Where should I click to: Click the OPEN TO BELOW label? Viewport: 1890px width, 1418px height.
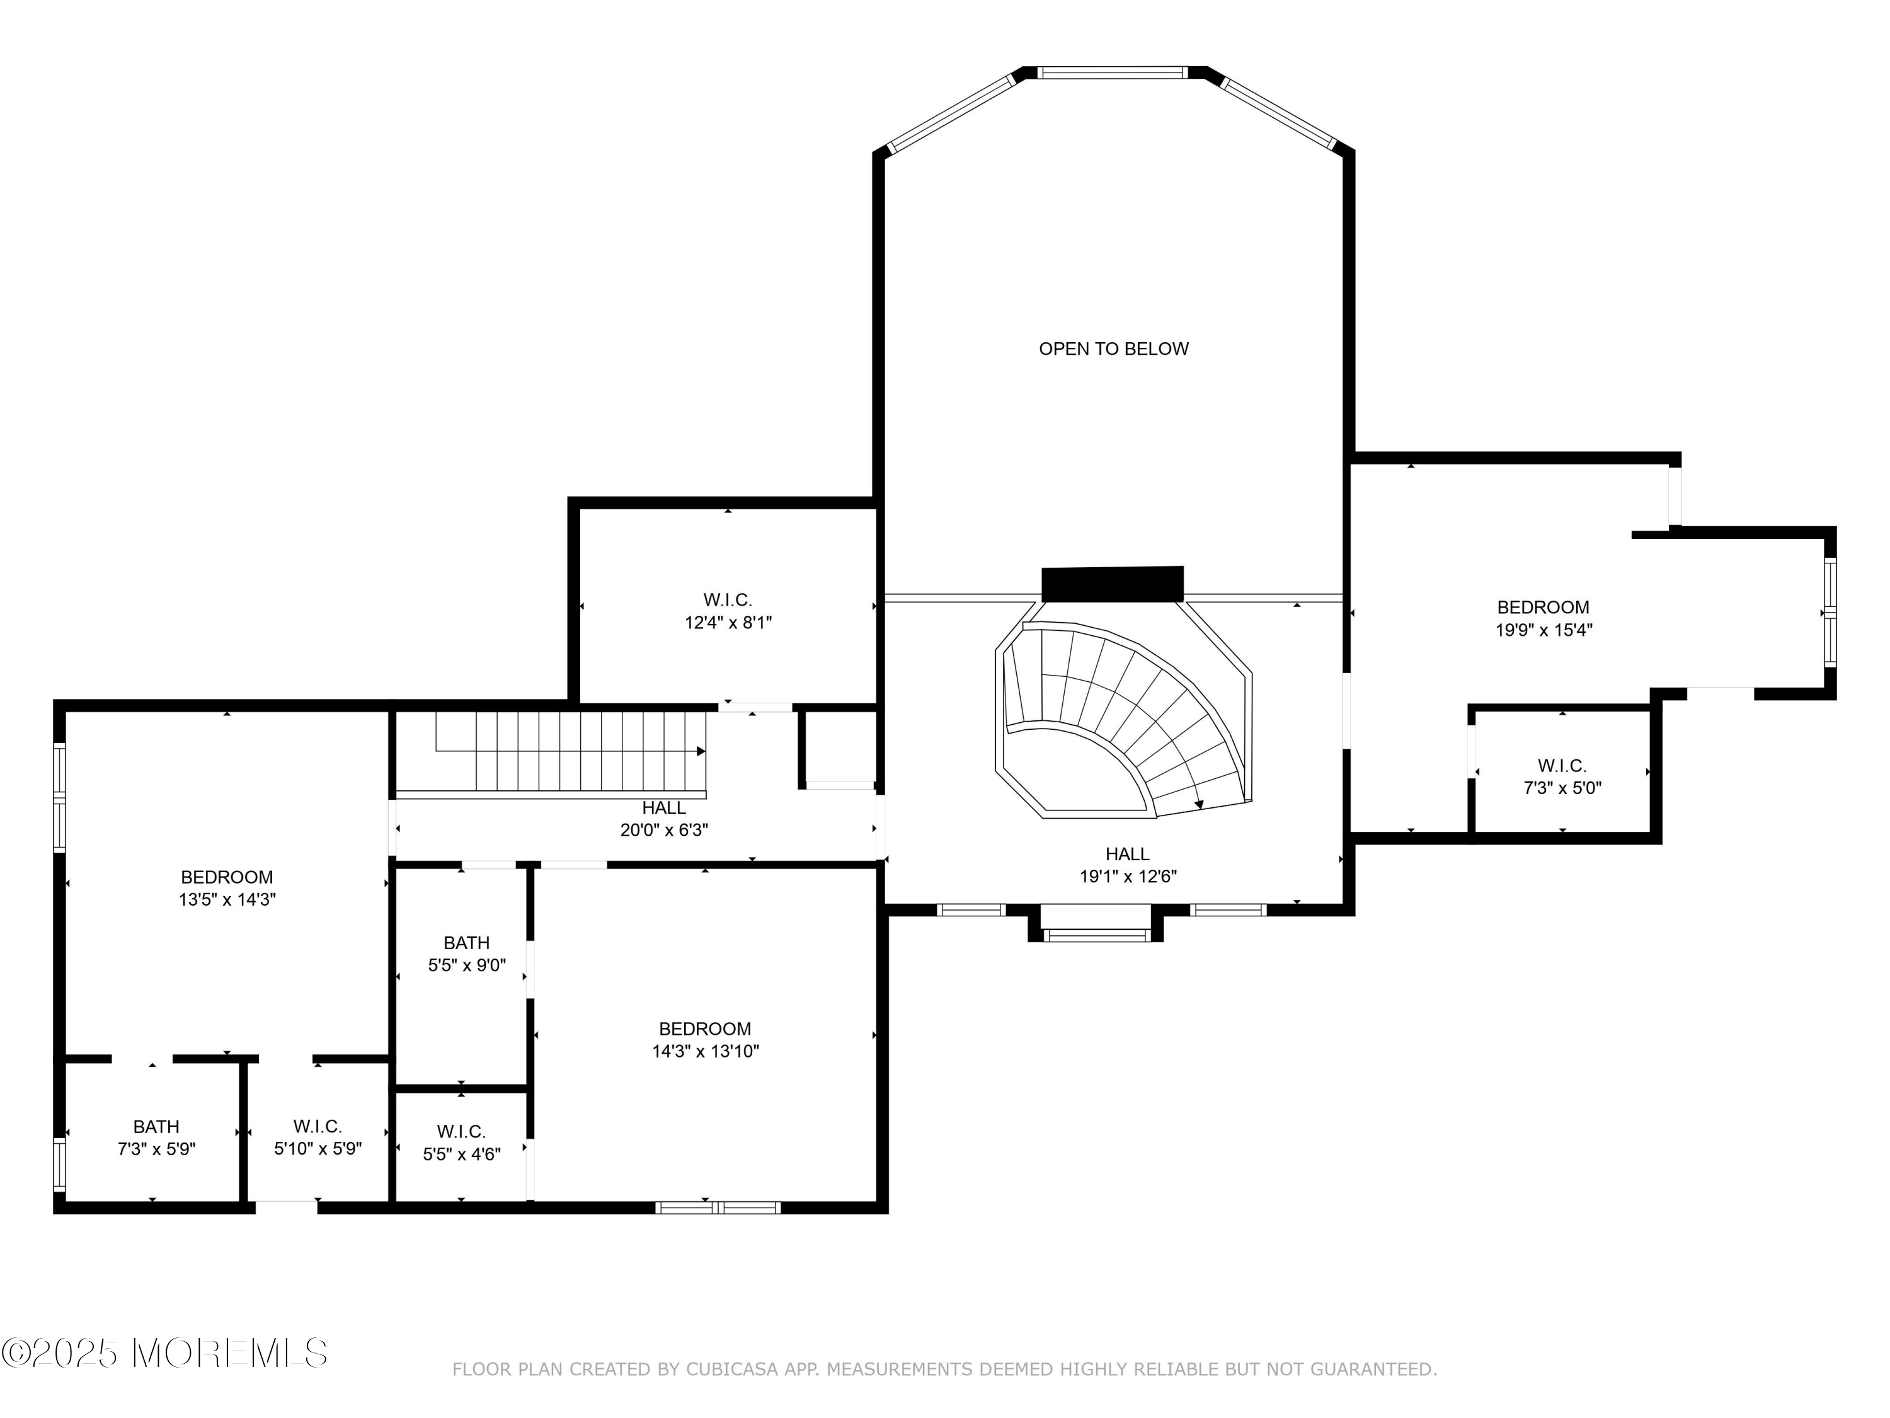(x=1113, y=349)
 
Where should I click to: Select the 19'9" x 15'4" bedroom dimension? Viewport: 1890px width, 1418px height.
(x=1543, y=631)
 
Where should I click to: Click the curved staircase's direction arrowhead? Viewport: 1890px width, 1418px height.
(x=1199, y=804)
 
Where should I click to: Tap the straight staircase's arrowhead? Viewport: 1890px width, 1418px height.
(x=701, y=751)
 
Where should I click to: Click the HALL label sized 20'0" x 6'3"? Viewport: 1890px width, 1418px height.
(x=664, y=808)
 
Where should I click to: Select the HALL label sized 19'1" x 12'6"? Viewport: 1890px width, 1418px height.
(x=1127, y=854)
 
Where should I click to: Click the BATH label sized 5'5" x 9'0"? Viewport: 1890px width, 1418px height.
(x=467, y=943)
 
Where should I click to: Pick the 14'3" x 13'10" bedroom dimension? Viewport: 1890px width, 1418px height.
(x=705, y=1051)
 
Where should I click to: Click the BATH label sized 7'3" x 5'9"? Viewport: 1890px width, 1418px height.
(x=156, y=1127)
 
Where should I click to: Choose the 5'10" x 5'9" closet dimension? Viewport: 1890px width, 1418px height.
(x=318, y=1150)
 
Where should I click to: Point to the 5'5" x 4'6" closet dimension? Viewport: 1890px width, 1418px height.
(x=461, y=1155)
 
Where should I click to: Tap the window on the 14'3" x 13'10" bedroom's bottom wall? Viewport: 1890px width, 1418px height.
(x=718, y=1208)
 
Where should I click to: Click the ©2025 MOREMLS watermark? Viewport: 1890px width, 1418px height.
(x=164, y=1353)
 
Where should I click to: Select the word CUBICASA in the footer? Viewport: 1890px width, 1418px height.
(x=731, y=1369)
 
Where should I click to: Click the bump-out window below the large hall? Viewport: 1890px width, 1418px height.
(x=1096, y=936)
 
